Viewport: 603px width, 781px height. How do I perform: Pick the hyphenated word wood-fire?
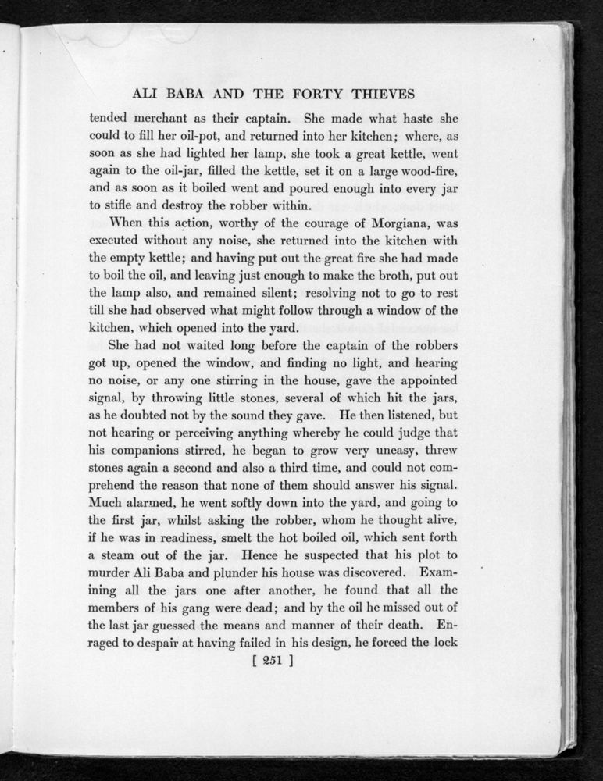426,173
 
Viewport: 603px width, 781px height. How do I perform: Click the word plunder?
223,572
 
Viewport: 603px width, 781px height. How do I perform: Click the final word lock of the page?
444,643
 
